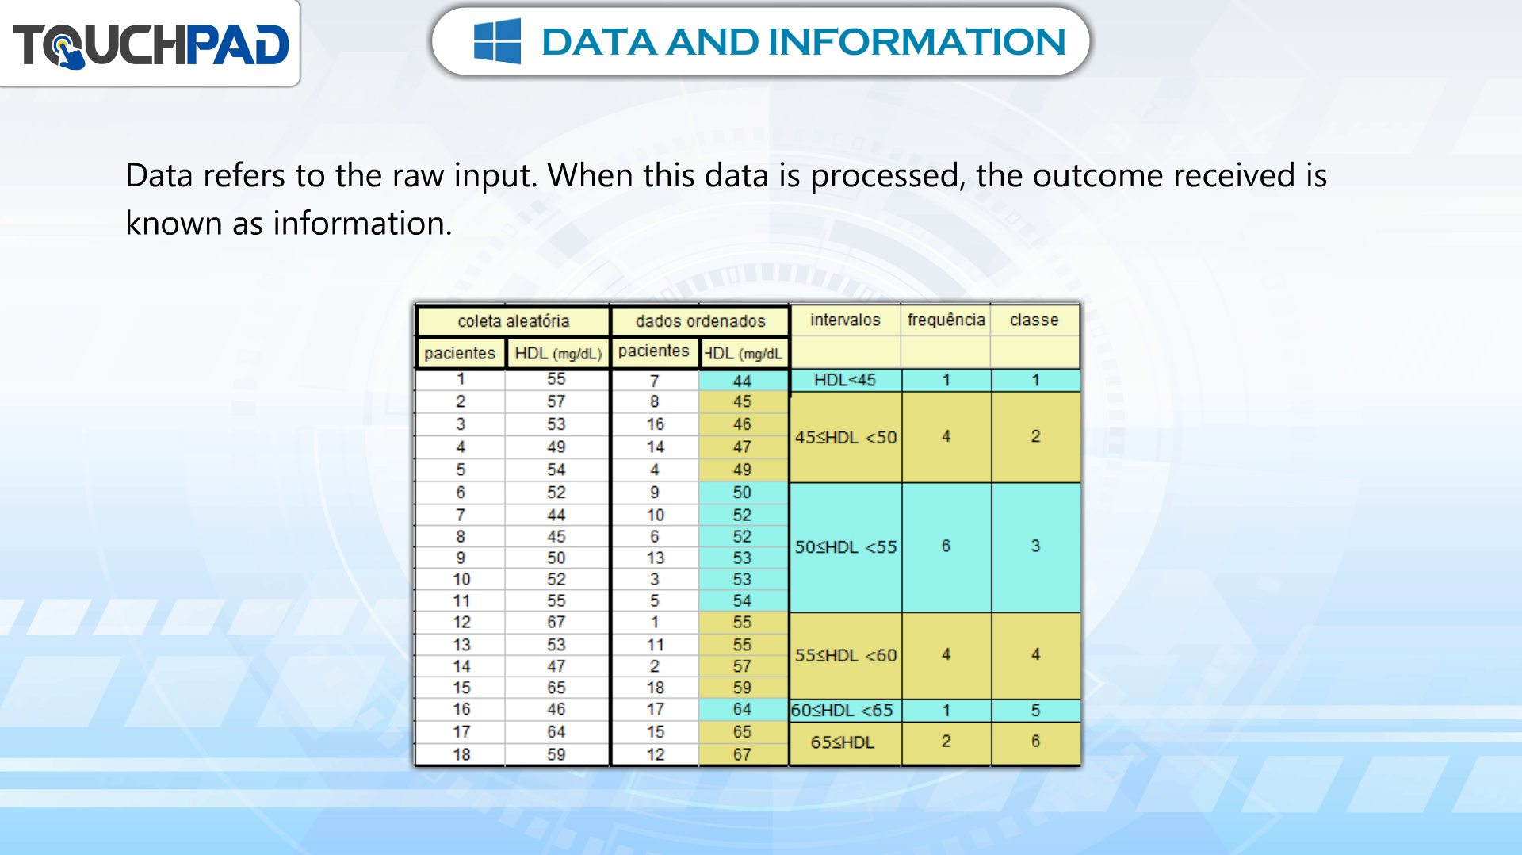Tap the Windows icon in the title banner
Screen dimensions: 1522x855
coord(497,41)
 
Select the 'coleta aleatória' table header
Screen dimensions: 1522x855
coord(514,321)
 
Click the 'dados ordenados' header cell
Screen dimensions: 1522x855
coord(700,321)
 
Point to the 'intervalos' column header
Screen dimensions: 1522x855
coord(845,320)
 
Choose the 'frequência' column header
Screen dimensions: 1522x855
coord(946,320)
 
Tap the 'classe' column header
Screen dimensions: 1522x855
coord(1034,320)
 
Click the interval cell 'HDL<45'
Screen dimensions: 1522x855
coord(845,380)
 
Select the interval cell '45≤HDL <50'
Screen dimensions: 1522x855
coord(846,437)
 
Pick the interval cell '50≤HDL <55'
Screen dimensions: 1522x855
coord(846,547)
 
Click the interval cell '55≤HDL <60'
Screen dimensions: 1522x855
coord(846,655)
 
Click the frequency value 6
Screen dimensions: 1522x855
coord(946,546)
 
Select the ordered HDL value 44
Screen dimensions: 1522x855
coord(742,381)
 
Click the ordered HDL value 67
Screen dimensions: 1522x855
coord(742,754)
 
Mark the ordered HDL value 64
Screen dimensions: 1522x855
coord(742,709)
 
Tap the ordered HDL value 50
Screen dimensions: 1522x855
coord(742,493)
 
